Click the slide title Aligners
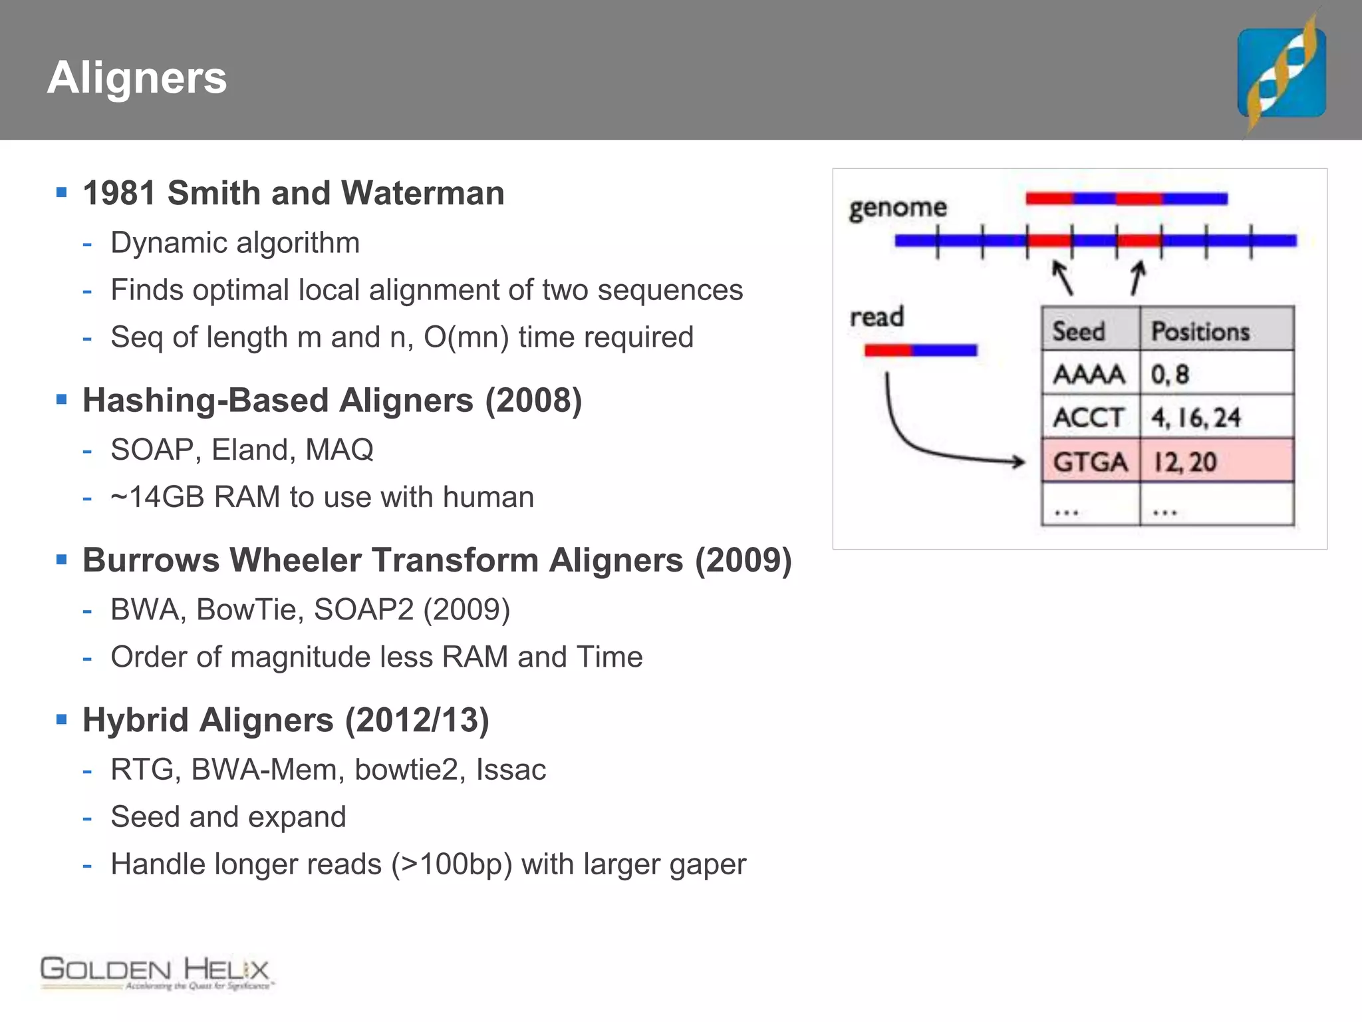(137, 78)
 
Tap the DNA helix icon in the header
(1282, 73)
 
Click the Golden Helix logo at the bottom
(156, 973)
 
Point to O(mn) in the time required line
(466, 337)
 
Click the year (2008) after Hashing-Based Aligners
(533, 401)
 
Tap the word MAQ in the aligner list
(339, 450)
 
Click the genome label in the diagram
(897, 208)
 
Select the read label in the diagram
(877, 317)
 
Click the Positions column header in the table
(1200, 331)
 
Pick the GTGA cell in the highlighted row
(1090, 461)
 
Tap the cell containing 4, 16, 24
(1196, 418)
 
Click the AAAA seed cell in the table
(1089, 374)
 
